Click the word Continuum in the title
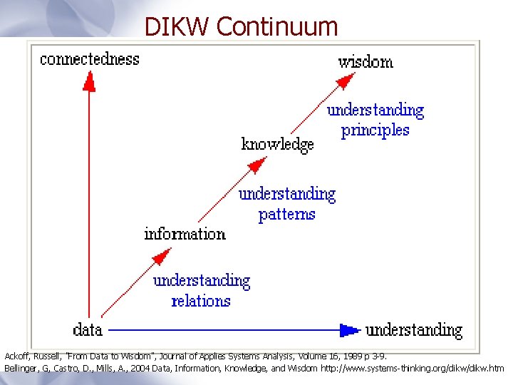coord(277,26)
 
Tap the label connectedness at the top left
coord(90,58)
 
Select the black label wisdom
coord(366,61)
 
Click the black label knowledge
coord(277,144)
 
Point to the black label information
coord(185,234)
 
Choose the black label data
coord(88,329)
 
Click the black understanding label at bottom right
coord(414,330)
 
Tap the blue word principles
coord(375,130)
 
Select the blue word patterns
coord(286,214)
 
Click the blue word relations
coord(201,300)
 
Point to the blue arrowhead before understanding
coord(349,329)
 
